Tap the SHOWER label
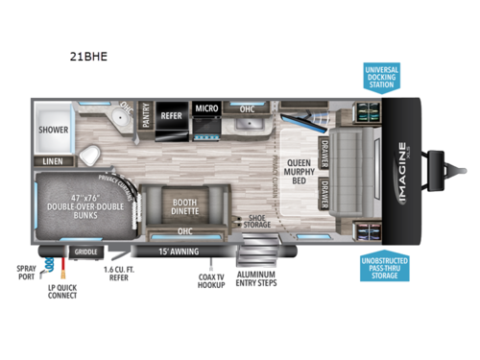click(52, 126)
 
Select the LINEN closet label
click(52, 162)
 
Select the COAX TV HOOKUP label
click(207, 285)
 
